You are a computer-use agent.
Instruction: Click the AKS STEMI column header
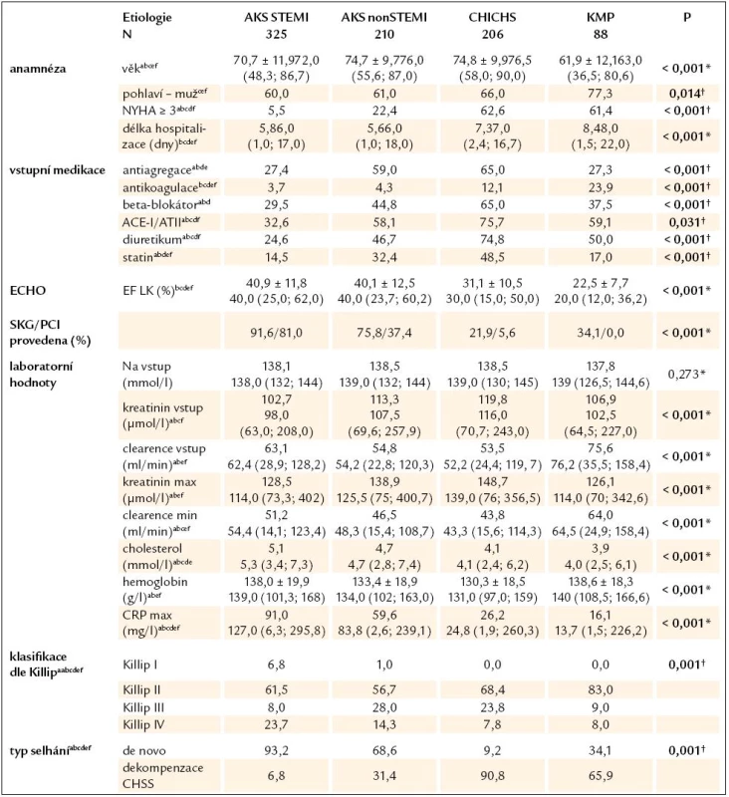[x=276, y=17]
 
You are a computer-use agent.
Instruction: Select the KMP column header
[x=601, y=17]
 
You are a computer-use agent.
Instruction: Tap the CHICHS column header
[x=492, y=17]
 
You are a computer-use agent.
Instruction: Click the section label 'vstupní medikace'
[x=58, y=169]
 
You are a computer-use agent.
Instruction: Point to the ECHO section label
[x=28, y=290]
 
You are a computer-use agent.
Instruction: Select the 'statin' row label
[x=138, y=257]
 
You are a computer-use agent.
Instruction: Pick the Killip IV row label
[x=143, y=724]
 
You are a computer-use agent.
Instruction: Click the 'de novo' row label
[x=144, y=751]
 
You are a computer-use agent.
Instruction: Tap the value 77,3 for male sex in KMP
[x=601, y=94]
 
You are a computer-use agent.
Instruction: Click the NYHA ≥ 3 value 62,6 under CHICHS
[x=492, y=111]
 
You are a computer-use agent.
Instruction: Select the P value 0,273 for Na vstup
[x=686, y=375]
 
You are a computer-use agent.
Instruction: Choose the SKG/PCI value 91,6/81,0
[x=276, y=333]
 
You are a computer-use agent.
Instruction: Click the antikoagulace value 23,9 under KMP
[x=601, y=187]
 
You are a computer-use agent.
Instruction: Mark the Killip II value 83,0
[x=601, y=689]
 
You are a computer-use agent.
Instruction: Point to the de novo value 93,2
[x=276, y=751]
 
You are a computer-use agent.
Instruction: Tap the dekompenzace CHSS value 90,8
[x=492, y=776]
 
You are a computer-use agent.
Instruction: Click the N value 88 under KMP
[x=601, y=34]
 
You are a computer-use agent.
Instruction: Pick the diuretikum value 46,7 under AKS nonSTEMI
[x=384, y=239]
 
